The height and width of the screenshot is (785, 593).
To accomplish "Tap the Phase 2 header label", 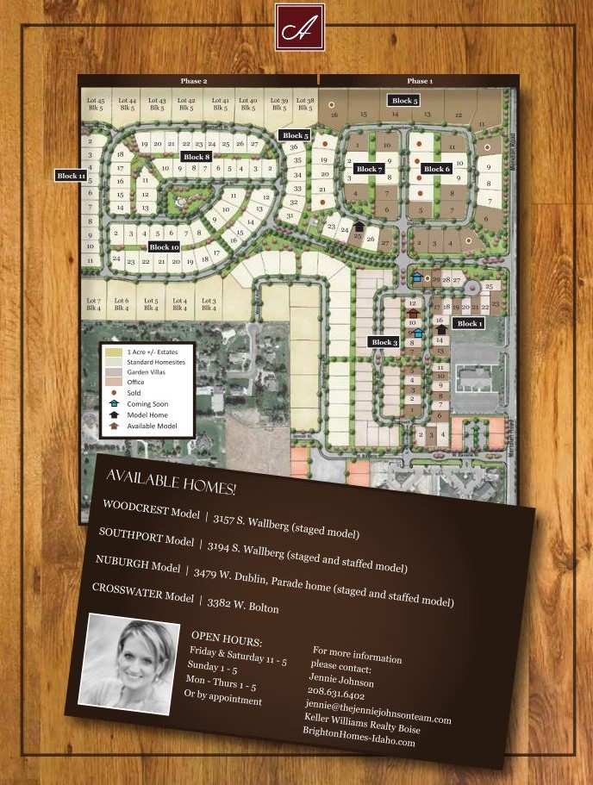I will [x=194, y=81].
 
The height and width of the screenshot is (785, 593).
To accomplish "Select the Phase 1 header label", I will [x=420, y=81].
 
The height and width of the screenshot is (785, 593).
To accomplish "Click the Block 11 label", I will [x=71, y=176].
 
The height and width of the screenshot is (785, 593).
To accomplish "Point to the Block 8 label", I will [x=196, y=157].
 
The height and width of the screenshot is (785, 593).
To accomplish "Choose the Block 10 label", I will [x=164, y=247].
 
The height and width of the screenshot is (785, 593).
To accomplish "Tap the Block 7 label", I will [x=368, y=169].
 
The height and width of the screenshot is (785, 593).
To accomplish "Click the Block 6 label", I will [x=436, y=169].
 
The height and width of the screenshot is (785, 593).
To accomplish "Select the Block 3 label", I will [x=384, y=342].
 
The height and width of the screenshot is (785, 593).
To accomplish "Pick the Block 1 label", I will [x=469, y=323].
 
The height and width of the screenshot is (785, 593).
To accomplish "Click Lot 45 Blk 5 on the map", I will [x=95, y=104].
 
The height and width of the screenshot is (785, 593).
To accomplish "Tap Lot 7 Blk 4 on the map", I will [x=94, y=304].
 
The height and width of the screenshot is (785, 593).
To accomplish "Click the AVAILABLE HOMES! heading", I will [x=171, y=483].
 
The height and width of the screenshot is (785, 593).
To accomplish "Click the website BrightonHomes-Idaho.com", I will [x=359, y=736].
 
